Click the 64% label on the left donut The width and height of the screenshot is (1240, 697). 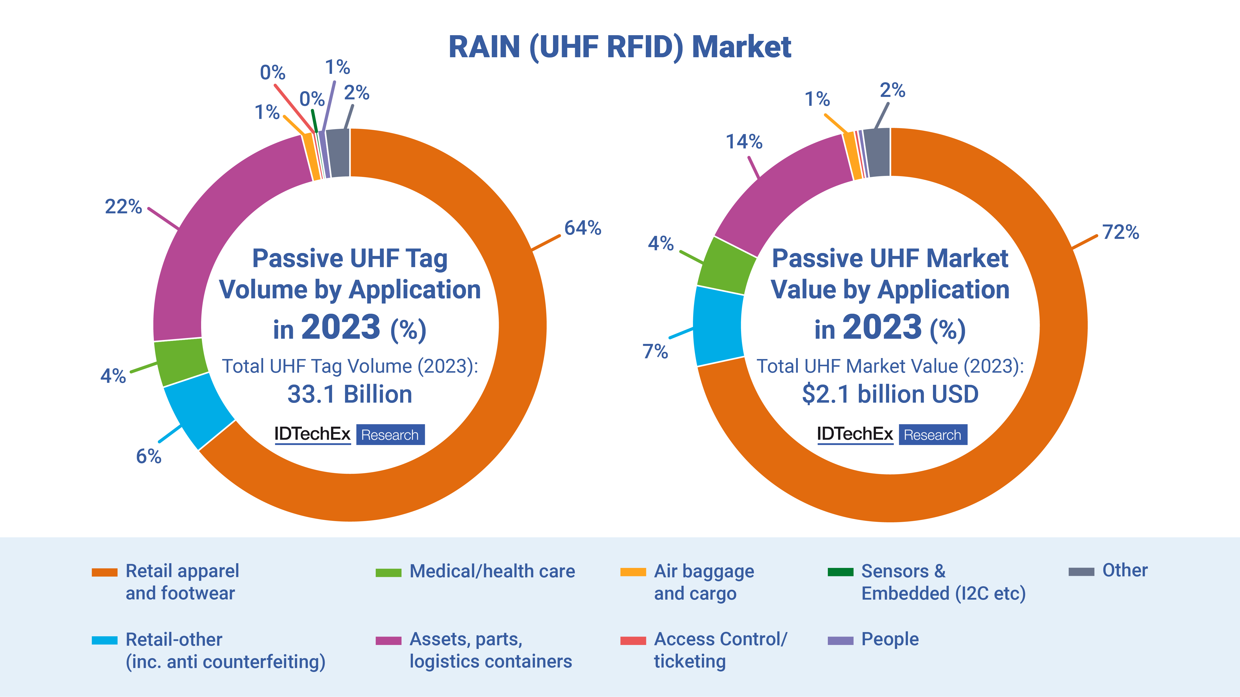(583, 228)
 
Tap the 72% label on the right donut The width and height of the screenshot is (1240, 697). (1121, 232)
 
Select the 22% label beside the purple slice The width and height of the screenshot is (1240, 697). (123, 207)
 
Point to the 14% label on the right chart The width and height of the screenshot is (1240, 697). (744, 142)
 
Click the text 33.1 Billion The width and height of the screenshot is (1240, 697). (350, 394)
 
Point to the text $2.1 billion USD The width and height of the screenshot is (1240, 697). (890, 394)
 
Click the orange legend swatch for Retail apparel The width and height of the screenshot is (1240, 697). (104, 572)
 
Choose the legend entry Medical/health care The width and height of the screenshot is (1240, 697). (492, 571)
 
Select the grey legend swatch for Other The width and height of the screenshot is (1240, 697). (1081, 571)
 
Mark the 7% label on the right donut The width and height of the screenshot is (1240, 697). (655, 352)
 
